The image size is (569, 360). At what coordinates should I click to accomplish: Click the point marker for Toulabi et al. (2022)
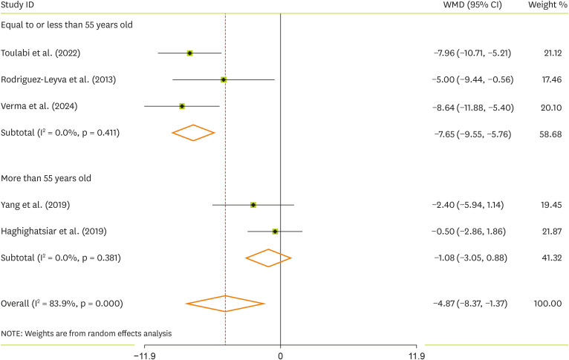point(189,53)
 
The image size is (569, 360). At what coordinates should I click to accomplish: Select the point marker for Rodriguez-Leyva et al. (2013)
point(224,79)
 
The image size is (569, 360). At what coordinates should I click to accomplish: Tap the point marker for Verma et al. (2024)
point(182,106)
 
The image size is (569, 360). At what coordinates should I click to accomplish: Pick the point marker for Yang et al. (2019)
point(253,204)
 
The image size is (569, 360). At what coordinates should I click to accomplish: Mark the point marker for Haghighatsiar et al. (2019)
point(275,231)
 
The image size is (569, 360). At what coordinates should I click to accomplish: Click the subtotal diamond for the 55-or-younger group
point(193,133)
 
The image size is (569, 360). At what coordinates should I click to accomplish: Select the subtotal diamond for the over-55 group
point(268,258)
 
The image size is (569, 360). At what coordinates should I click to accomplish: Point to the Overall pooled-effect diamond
point(225,303)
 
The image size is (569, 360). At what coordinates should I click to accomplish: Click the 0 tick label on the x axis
point(281,355)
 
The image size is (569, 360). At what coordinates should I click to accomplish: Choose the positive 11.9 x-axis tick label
point(417,355)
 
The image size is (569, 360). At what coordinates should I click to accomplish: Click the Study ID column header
point(19,6)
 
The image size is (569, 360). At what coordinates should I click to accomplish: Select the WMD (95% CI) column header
point(471,6)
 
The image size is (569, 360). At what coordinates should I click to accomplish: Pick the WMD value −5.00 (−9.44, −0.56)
point(472,79)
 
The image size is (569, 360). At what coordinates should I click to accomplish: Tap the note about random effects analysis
point(87,333)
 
